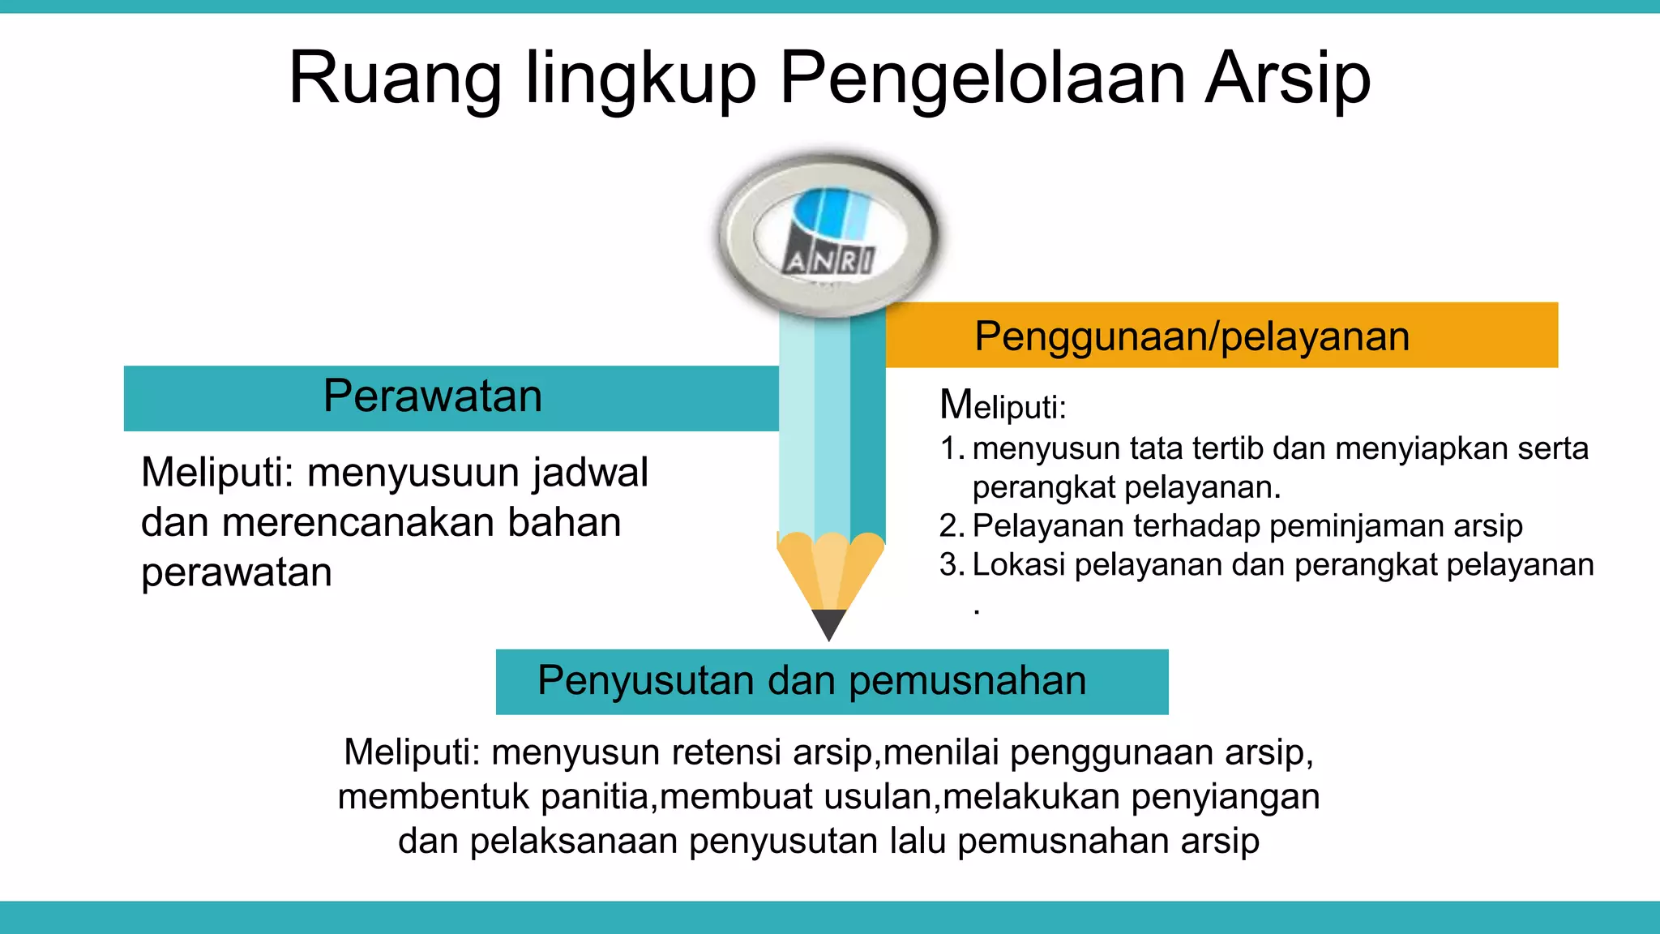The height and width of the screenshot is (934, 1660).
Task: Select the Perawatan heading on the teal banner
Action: [x=433, y=396]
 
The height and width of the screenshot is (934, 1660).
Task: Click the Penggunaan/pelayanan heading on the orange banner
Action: [x=1192, y=336]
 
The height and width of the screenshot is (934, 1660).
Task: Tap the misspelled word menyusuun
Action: [x=413, y=473]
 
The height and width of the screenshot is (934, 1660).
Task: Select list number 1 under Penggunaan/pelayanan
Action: [x=952, y=449]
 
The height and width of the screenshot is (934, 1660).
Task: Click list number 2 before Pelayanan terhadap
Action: [x=952, y=527]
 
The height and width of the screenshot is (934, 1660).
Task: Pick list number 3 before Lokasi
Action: [x=952, y=565]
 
